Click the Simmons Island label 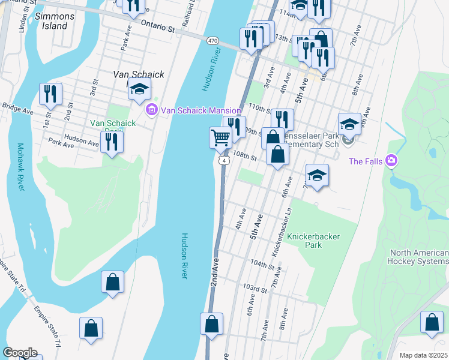[55, 21]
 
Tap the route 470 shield [212, 40]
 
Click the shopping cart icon [220, 137]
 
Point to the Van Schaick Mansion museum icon [151, 110]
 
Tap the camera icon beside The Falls [391, 160]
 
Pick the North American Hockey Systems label [419, 257]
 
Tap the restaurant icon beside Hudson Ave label [112, 141]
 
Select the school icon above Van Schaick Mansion [139, 89]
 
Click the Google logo [20, 353]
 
